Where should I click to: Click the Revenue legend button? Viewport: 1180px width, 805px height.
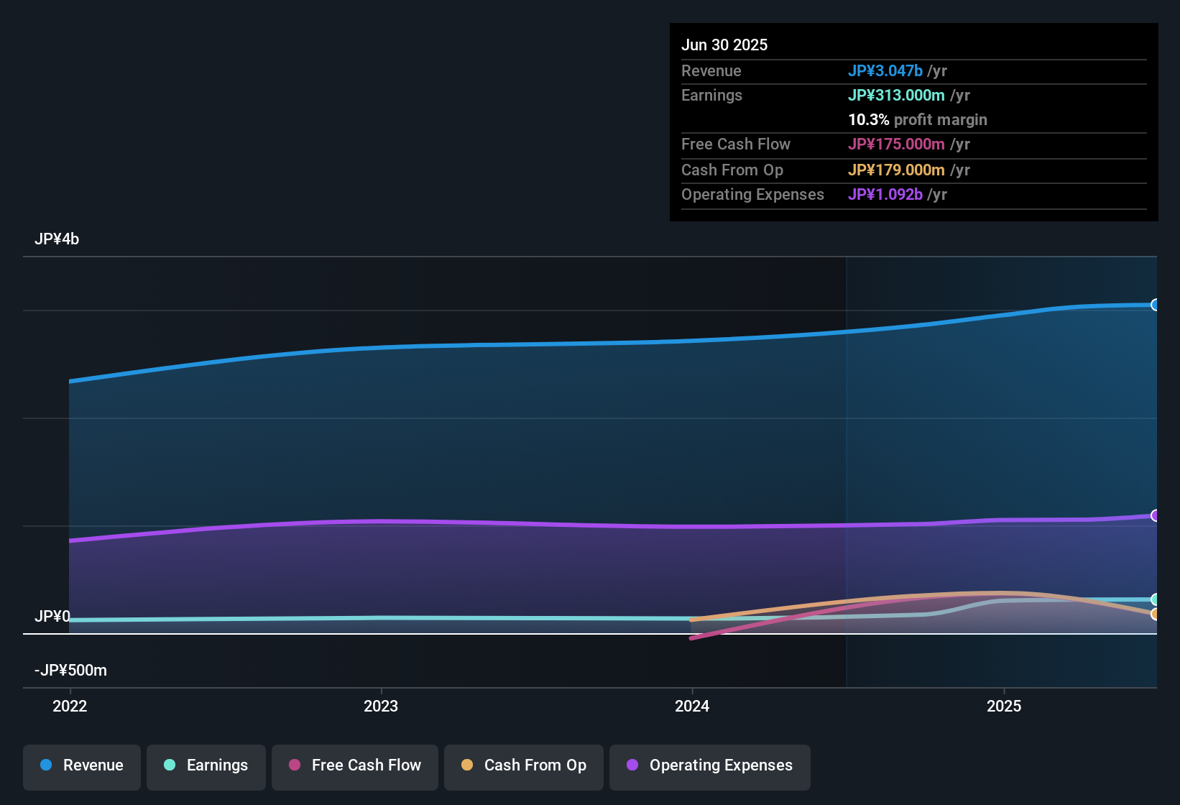click(82, 765)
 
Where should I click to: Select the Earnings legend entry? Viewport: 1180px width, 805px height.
click(206, 765)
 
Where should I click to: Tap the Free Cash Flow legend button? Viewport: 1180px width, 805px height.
click(355, 765)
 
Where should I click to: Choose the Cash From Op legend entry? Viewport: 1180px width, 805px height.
click(524, 765)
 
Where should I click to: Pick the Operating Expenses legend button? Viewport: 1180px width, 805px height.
click(710, 765)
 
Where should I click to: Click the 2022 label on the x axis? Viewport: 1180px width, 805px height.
click(70, 706)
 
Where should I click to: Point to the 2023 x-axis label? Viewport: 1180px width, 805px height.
click(381, 706)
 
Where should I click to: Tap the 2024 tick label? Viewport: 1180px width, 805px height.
click(692, 706)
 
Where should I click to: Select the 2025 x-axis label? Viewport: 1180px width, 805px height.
click(1004, 706)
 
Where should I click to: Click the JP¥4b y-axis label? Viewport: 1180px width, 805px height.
click(57, 239)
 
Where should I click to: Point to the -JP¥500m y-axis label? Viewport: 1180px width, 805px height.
click(70, 671)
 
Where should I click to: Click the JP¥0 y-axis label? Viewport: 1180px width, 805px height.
click(52, 617)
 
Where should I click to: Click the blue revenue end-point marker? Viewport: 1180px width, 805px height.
click(1155, 305)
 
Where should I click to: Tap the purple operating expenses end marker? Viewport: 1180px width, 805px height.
click(1155, 515)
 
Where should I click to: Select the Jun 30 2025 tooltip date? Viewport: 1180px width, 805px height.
click(724, 45)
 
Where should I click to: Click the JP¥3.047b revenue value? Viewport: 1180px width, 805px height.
click(885, 70)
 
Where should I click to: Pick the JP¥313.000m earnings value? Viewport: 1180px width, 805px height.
click(896, 95)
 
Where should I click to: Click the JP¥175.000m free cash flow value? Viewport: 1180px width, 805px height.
click(896, 144)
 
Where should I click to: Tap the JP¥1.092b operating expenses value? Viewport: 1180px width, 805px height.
click(885, 194)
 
